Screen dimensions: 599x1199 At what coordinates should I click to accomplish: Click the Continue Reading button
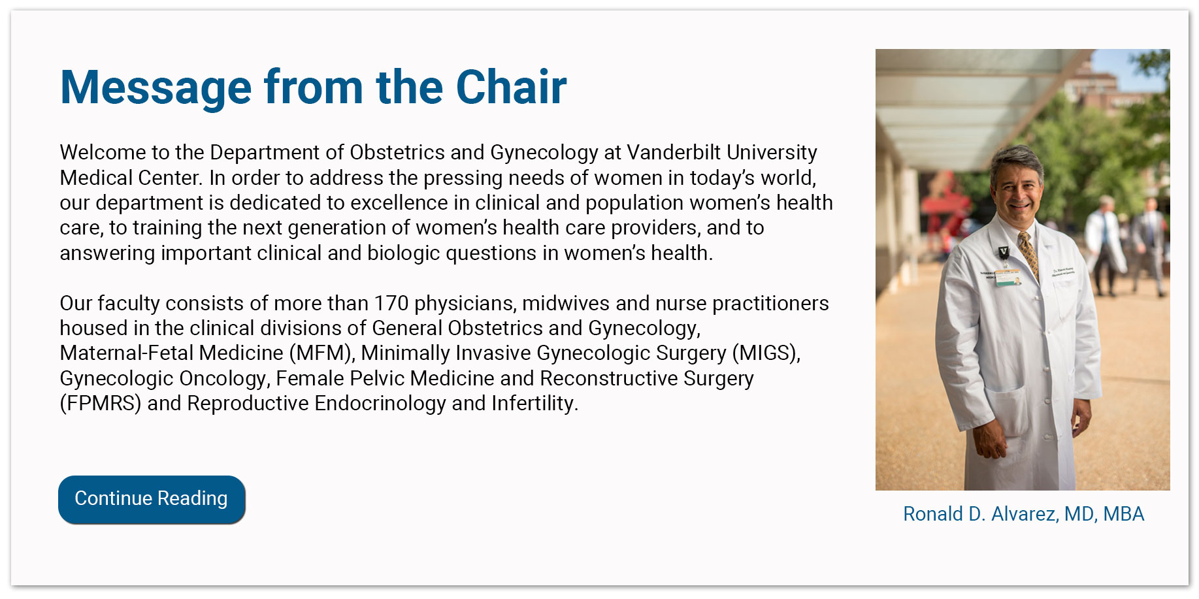tap(152, 499)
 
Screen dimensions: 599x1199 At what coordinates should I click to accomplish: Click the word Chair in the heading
tap(511, 87)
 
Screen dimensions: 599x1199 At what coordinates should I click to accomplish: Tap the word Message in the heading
tap(156, 87)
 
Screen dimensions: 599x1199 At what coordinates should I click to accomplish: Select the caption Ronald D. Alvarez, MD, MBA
tap(1023, 514)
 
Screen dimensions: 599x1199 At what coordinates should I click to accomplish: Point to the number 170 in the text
tap(391, 303)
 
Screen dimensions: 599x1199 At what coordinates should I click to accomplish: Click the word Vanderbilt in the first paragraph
tap(674, 152)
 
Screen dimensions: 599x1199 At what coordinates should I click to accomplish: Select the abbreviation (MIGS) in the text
tap(765, 353)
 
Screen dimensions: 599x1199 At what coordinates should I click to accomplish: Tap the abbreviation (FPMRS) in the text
tap(100, 404)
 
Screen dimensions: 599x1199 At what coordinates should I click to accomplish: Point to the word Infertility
tap(534, 404)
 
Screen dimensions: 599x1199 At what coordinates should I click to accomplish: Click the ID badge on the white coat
tap(1007, 277)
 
